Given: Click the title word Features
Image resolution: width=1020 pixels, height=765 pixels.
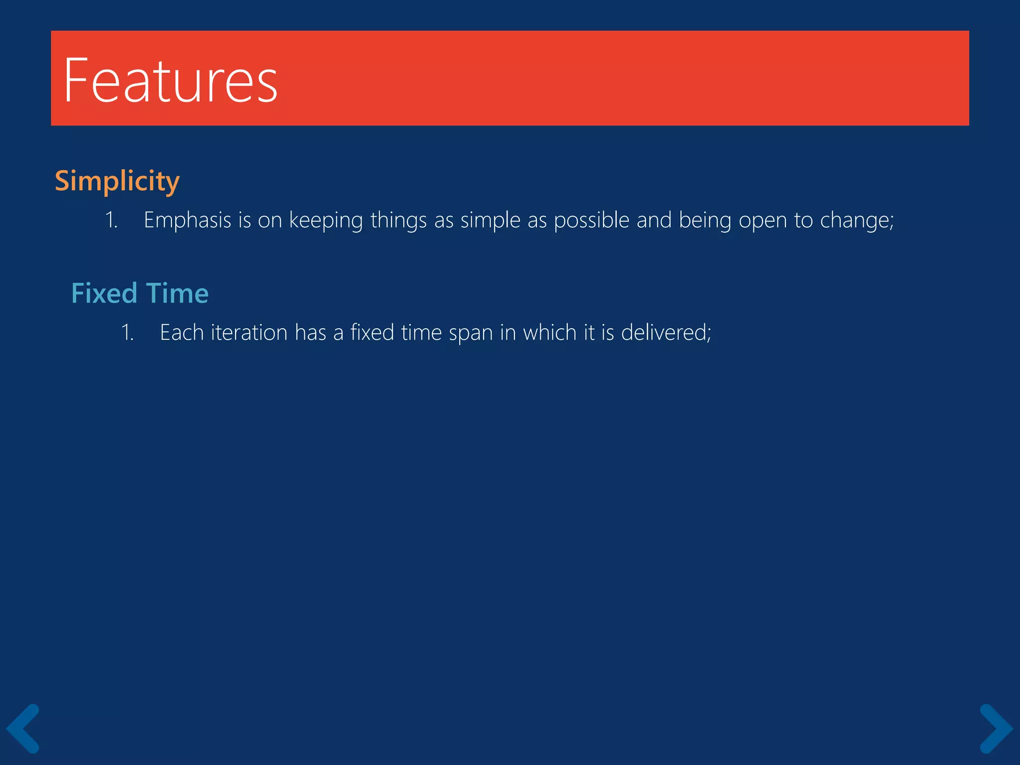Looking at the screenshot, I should pos(170,81).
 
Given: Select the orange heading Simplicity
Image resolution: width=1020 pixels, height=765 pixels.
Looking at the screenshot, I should pos(117,181).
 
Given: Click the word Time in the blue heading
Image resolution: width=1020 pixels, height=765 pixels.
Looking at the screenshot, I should pos(177,293).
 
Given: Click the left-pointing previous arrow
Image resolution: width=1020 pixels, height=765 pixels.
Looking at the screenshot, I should pos(23,728).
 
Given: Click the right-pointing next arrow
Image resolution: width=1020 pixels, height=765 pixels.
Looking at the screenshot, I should pos(996,728).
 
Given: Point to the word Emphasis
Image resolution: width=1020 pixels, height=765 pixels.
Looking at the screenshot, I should pos(187,220).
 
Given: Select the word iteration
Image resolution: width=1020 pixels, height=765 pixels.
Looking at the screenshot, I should pos(249,333).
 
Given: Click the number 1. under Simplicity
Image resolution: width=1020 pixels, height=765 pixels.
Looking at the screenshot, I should pos(111,221).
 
